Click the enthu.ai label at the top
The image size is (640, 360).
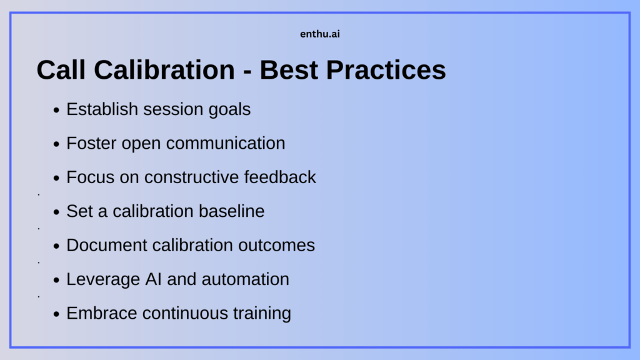click(x=320, y=34)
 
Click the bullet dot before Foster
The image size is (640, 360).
click(x=57, y=144)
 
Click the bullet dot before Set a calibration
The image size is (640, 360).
click(x=57, y=212)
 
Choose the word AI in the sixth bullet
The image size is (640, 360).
click(x=150, y=279)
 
